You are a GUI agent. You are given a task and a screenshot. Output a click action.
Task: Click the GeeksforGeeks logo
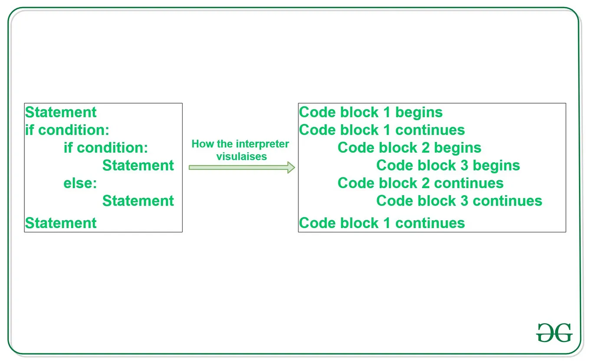tap(554, 333)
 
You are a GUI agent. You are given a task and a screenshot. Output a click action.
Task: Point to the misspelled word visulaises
tap(242, 157)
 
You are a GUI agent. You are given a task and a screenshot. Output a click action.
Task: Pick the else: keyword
tap(80, 183)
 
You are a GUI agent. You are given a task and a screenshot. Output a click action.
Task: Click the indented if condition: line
tap(106, 148)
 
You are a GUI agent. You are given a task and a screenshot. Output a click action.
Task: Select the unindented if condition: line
tap(67, 130)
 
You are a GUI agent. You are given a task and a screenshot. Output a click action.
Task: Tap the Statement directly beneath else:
tap(138, 201)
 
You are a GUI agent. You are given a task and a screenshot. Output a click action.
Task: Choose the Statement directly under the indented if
tap(138, 166)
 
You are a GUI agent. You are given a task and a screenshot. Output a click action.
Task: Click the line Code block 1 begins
tap(371, 112)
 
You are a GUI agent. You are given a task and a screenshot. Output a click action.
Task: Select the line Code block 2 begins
tap(409, 148)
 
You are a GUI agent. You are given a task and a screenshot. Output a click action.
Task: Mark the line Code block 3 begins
tap(448, 166)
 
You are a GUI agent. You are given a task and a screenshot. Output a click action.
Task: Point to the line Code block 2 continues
tap(420, 183)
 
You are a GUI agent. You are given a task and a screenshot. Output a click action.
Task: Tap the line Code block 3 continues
tap(459, 201)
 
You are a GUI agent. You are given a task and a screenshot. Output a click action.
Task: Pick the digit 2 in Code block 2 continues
tap(425, 183)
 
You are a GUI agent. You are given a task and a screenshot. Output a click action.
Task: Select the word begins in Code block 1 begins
tap(419, 113)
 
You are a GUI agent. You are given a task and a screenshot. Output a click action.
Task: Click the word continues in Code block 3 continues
tap(507, 201)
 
